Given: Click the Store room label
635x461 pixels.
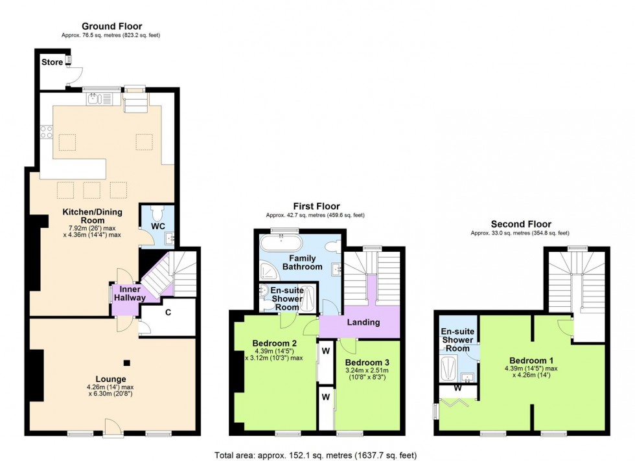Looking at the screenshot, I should [x=52, y=62].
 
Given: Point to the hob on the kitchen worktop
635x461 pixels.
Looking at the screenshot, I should [x=47, y=132].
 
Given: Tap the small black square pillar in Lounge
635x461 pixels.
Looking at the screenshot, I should [x=127, y=363].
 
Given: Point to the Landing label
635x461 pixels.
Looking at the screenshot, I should [x=364, y=322].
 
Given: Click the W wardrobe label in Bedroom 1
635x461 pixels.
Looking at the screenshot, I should [x=458, y=389].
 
